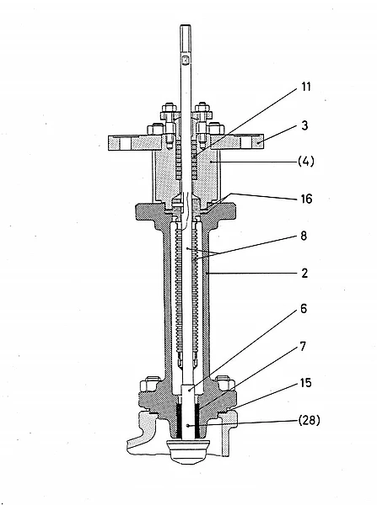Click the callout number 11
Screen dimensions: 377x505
tap(306, 87)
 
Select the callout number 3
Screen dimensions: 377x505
tap(304, 125)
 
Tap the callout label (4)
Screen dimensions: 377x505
tap(305, 161)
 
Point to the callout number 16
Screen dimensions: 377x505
tap(306, 199)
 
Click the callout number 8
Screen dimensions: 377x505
tap(304, 236)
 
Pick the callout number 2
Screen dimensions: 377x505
tap(304, 273)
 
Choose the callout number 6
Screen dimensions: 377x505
tap(304, 309)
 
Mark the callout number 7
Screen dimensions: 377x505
tap(303, 347)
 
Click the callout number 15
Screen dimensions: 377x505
tap(305, 383)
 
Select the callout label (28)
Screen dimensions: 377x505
tap(309, 420)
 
